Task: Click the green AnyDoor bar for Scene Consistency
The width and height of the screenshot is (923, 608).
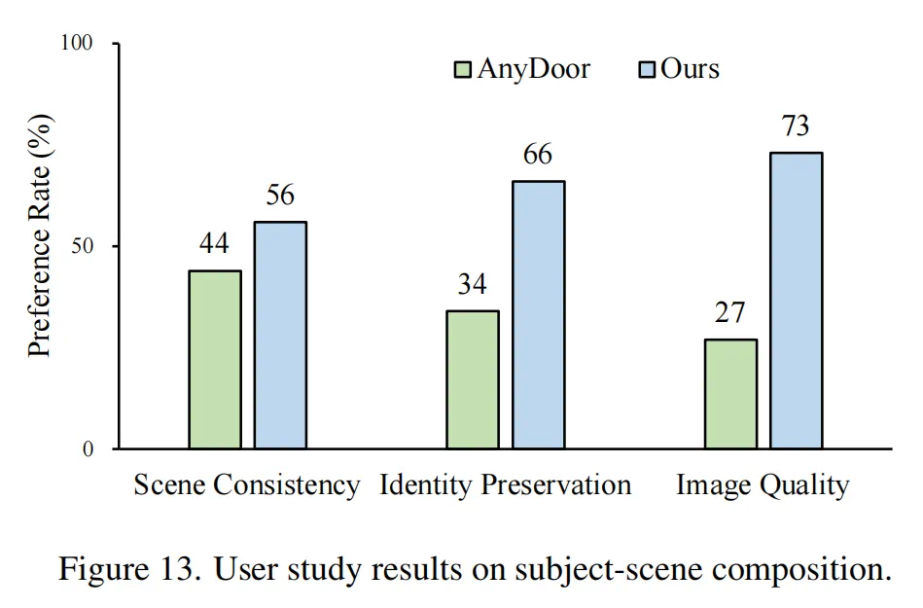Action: pyautogui.click(x=215, y=359)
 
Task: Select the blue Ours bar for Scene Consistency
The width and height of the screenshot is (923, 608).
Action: pyautogui.click(x=280, y=335)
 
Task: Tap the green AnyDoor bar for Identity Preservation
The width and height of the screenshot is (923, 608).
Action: pyautogui.click(x=473, y=379)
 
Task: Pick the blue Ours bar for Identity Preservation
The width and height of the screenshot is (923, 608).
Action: pyautogui.click(x=538, y=314)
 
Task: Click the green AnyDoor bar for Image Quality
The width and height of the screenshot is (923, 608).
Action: pyautogui.click(x=730, y=393)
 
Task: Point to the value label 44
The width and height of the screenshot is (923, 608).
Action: pyautogui.click(x=214, y=243)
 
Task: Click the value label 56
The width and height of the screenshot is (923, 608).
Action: pyautogui.click(x=280, y=195)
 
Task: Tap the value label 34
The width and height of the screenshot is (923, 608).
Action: pyautogui.click(x=473, y=284)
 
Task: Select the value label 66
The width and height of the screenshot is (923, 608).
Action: pyautogui.click(x=538, y=154)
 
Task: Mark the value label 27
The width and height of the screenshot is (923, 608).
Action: pyautogui.click(x=730, y=312)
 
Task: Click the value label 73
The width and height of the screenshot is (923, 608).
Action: pyautogui.click(x=796, y=125)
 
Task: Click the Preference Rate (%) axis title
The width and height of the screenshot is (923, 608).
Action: pyautogui.click(x=39, y=246)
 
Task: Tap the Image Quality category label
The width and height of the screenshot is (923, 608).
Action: pyautogui.click(x=763, y=484)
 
